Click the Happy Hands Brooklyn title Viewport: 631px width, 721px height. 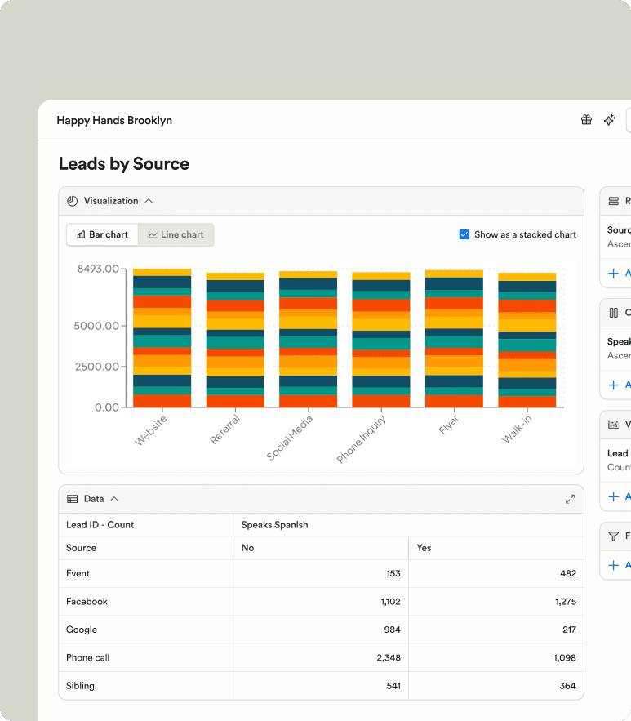(x=114, y=120)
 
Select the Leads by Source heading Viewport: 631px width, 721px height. (x=124, y=164)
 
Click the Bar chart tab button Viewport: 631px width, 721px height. (x=102, y=234)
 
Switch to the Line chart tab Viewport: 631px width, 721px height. (x=176, y=234)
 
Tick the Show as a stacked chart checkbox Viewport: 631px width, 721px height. (x=464, y=234)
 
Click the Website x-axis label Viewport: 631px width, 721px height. (x=152, y=430)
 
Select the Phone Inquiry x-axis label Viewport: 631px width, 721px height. (x=362, y=438)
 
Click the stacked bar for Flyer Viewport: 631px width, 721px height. (x=454, y=339)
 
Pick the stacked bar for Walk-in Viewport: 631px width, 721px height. (x=527, y=340)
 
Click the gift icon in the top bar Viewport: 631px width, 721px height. (x=586, y=120)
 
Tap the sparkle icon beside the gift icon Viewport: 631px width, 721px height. (x=609, y=120)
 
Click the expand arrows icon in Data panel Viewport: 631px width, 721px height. (x=570, y=499)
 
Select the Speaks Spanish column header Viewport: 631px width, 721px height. (x=274, y=525)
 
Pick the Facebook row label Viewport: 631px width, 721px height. (x=87, y=602)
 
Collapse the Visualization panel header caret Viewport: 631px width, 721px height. (x=149, y=201)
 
